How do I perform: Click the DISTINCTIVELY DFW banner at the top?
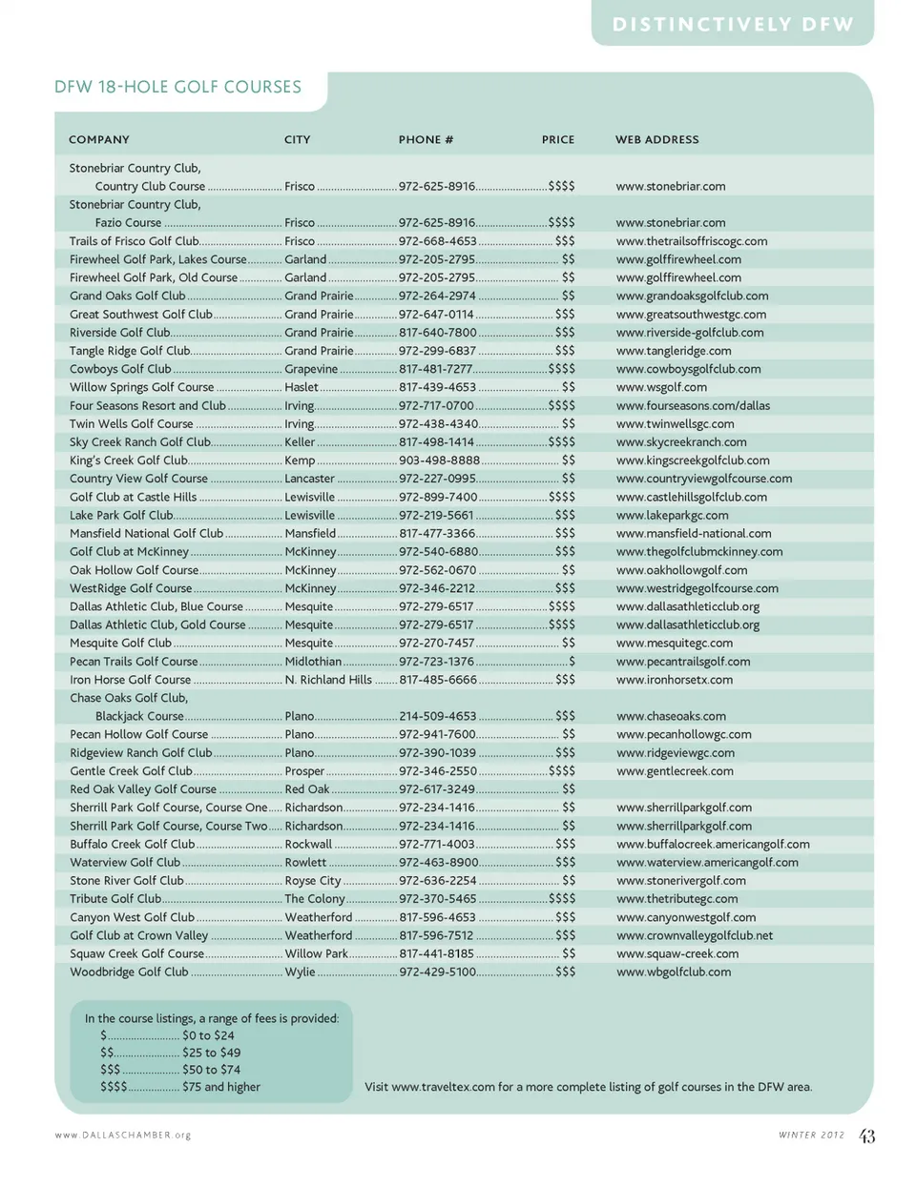(x=733, y=25)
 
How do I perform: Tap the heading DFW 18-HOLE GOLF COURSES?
(x=177, y=87)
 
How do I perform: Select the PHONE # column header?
(x=426, y=139)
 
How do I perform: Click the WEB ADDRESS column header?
(x=656, y=139)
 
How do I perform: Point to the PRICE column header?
(x=558, y=139)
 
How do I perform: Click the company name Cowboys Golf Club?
(x=120, y=369)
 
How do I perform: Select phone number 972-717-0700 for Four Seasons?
(x=436, y=405)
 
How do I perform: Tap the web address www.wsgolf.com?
(x=661, y=387)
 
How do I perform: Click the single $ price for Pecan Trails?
(x=572, y=661)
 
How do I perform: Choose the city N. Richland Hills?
(x=328, y=680)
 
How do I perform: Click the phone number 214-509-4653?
(x=437, y=716)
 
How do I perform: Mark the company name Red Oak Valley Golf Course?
(x=143, y=789)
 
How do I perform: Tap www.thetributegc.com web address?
(x=677, y=898)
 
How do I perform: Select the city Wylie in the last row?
(x=300, y=972)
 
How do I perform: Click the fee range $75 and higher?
(x=220, y=1087)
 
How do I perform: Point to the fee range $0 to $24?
(x=208, y=1035)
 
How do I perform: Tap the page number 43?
(x=866, y=1136)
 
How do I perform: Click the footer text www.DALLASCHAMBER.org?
(x=123, y=1136)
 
